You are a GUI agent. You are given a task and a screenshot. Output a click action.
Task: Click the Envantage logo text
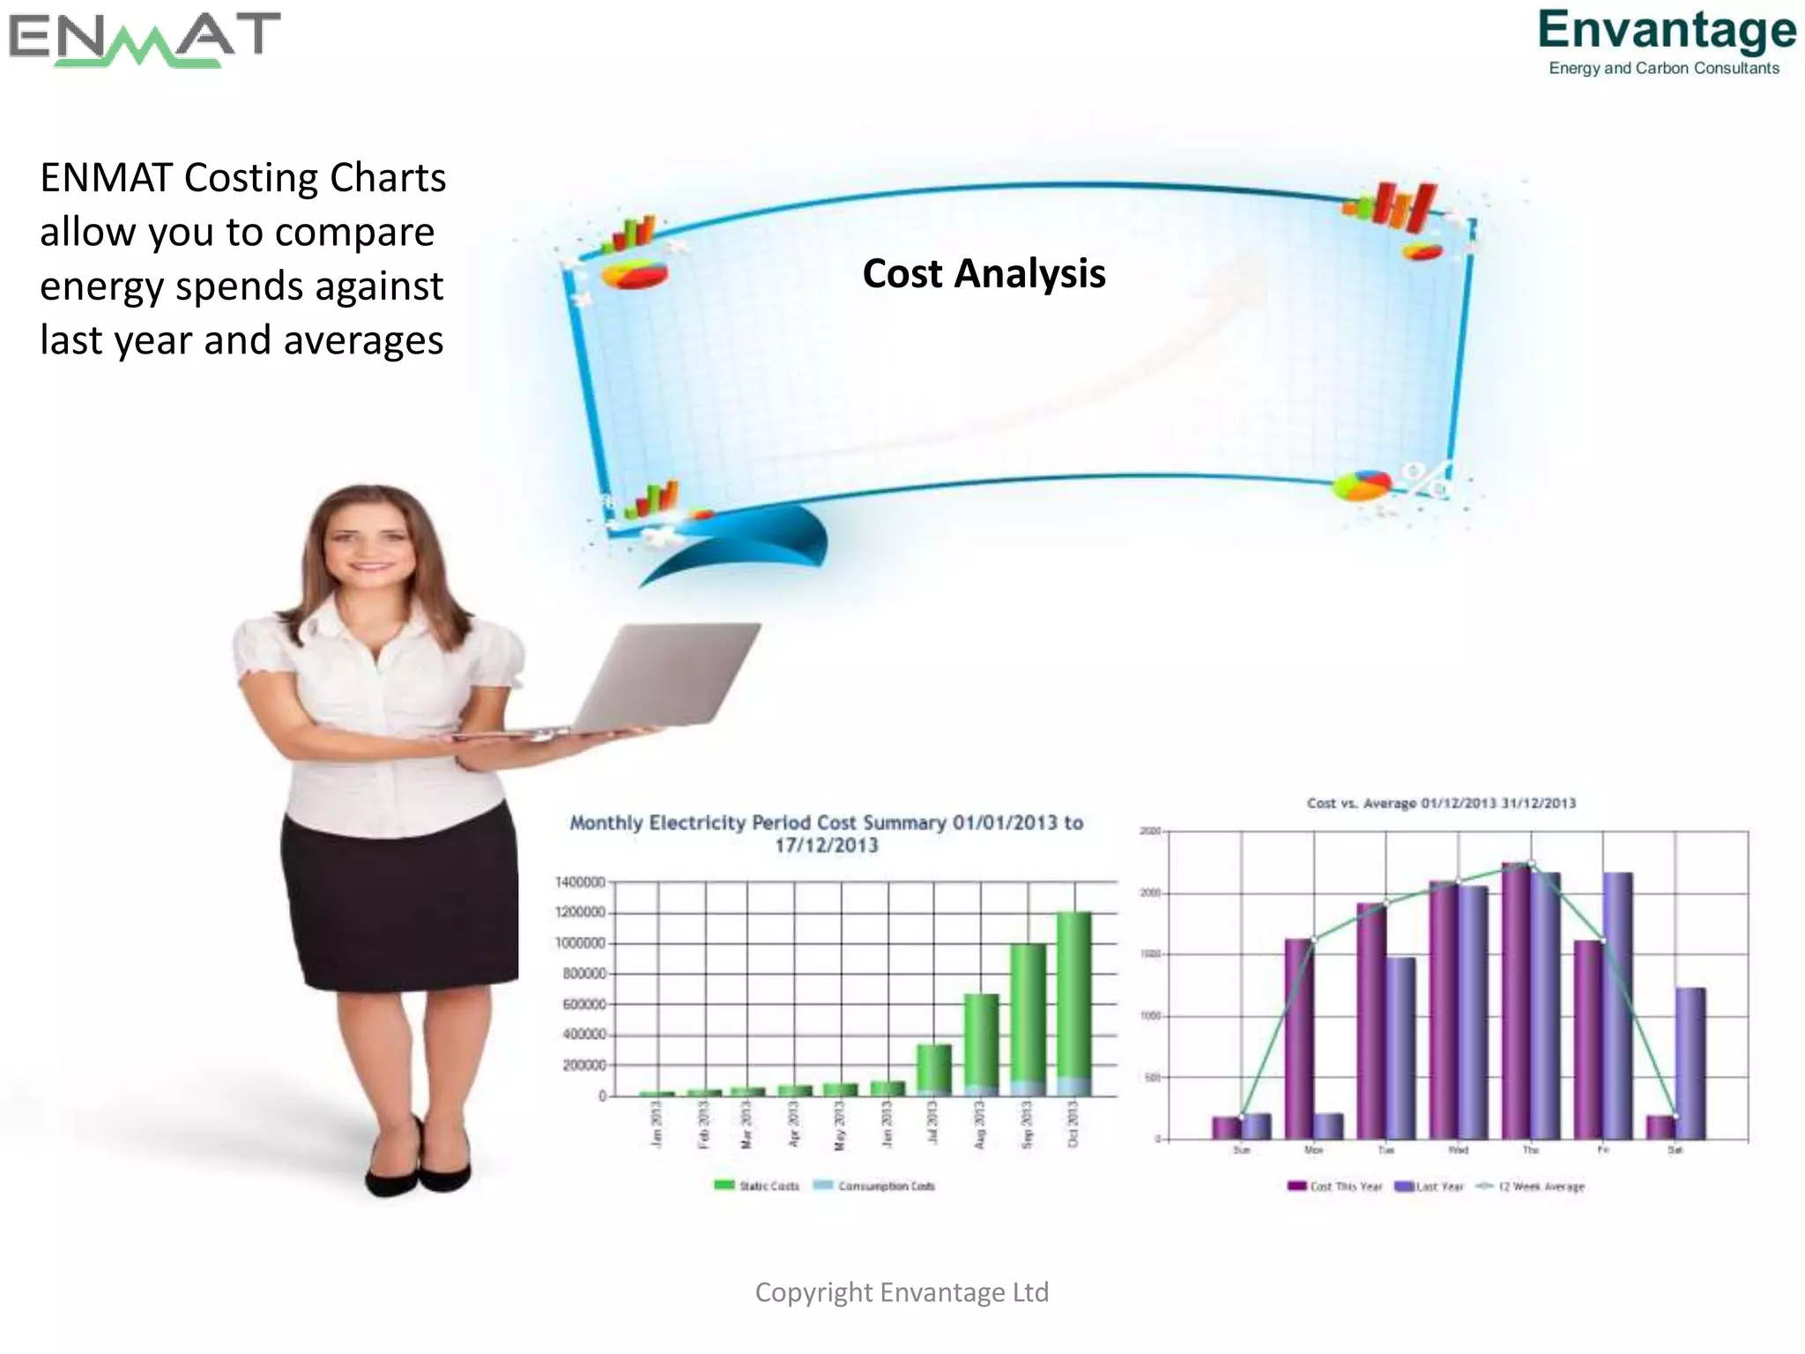click(x=1666, y=30)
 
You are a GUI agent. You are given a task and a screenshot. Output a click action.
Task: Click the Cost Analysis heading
click(x=984, y=273)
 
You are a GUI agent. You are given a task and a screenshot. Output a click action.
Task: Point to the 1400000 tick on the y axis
click(x=580, y=882)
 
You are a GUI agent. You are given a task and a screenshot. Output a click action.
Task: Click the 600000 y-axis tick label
click(x=583, y=1004)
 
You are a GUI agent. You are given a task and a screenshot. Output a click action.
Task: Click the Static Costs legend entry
click(x=757, y=1186)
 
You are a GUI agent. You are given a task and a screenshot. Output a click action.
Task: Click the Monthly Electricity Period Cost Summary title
click(x=826, y=833)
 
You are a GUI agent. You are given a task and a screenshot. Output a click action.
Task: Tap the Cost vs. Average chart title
click(x=1440, y=803)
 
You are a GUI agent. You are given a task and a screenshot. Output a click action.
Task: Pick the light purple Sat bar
click(x=1690, y=1062)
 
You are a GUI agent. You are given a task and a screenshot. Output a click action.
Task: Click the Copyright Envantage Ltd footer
click(x=902, y=1292)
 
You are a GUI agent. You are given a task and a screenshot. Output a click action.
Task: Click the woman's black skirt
click(x=401, y=908)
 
